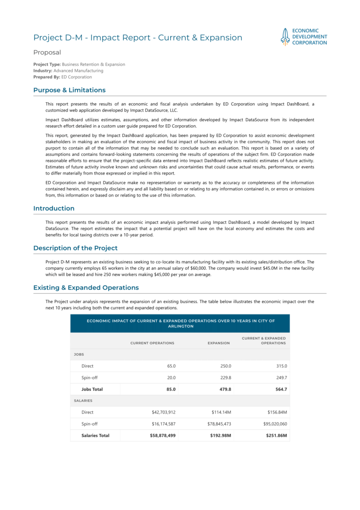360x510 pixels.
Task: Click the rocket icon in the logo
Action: (x=285, y=37)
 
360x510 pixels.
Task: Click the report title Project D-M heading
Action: (x=138, y=38)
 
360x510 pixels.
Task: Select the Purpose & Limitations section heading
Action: (x=69, y=90)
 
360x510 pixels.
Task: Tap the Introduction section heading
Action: (x=53, y=208)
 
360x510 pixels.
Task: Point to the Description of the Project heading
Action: (x=75, y=248)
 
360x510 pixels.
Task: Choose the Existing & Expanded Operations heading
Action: (x=86, y=287)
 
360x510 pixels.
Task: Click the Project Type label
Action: (x=47, y=64)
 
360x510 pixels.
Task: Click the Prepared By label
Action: (x=46, y=77)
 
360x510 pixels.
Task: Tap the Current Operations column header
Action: (x=152, y=343)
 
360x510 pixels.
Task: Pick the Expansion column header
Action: (x=218, y=343)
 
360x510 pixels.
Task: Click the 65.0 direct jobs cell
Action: (x=171, y=366)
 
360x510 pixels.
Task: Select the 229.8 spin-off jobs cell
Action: (x=225, y=377)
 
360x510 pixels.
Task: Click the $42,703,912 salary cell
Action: (x=164, y=412)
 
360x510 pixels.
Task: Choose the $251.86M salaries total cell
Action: (x=276, y=435)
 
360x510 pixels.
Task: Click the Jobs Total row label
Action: (x=92, y=389)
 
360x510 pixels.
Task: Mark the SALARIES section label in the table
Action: (x=83, y=401)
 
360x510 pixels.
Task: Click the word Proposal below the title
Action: (x=47, y=53)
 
